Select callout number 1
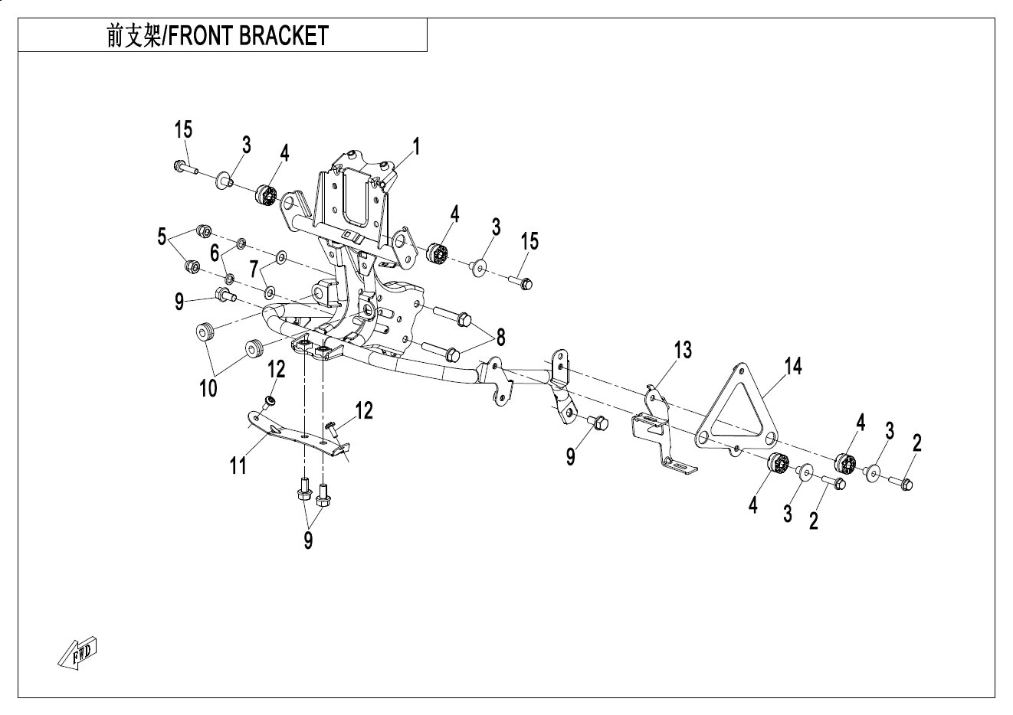416,145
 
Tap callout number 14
793,367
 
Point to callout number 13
683,350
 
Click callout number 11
238,464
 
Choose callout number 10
208,388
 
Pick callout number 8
500,336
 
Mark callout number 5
162,237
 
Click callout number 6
215,253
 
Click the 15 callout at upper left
183,129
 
